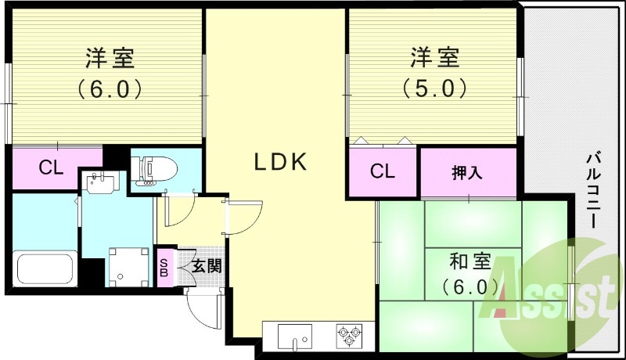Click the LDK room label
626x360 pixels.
281,162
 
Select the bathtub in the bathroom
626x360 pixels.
45,268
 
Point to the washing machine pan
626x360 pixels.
129,267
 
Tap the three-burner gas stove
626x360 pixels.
350,334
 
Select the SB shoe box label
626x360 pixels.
164,268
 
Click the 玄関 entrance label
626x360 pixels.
207,265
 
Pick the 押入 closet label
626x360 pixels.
466,173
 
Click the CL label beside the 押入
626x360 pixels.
382,171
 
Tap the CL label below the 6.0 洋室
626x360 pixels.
51,168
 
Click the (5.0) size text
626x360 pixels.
434,88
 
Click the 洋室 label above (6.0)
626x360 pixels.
110,58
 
